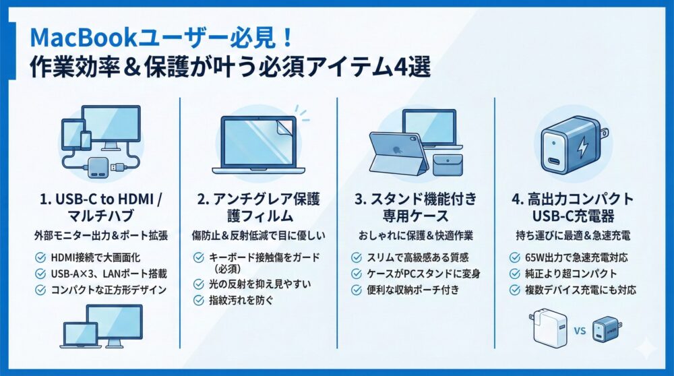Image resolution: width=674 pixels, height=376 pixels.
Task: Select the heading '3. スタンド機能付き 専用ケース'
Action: (x=415, y=208)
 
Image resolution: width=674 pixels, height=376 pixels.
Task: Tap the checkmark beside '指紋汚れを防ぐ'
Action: (x=198, y=301)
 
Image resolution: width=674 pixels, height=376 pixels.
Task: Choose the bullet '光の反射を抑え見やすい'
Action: (x=263, y=284)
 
